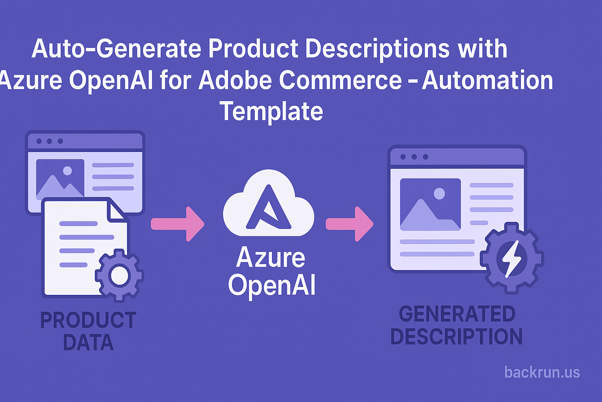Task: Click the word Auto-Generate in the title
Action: coord(116,48)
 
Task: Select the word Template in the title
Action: coord(272,111)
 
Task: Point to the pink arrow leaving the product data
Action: coord(178,224)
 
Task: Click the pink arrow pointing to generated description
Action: coord(350,224)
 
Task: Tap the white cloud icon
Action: coord(269,203)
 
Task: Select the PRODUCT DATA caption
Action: coord(89,331)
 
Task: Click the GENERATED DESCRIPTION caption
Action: coord(457,325)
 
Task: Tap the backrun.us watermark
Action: coord(542,373)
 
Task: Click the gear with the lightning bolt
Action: coord(512,258)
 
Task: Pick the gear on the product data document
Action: coord(119,276)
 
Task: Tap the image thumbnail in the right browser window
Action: coord(430,205)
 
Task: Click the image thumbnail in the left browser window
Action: coord(60,178)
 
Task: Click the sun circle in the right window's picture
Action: coord(439,194)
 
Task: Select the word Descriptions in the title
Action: coord(377,49)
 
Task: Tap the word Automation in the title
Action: coord(487,80)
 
